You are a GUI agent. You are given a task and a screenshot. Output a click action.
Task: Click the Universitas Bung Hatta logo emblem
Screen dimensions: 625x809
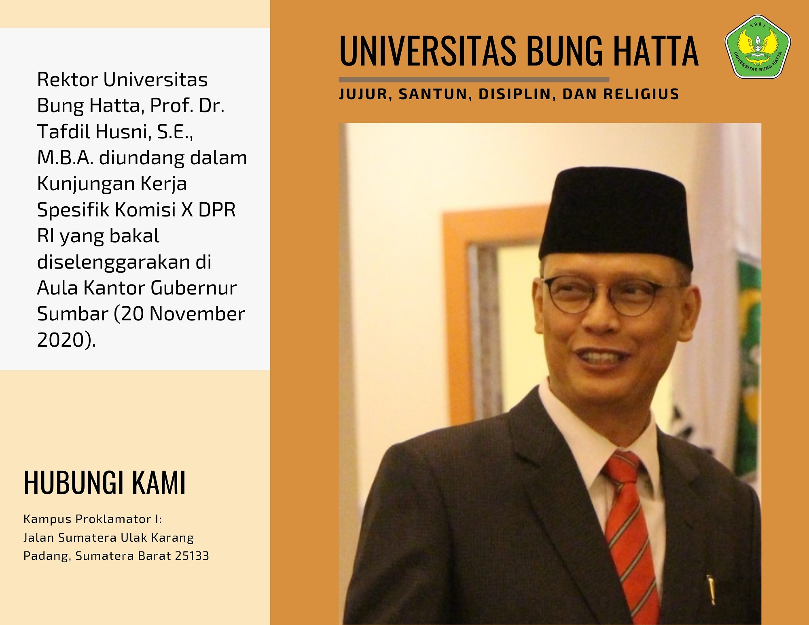pyautogui.click(x=757, y=47)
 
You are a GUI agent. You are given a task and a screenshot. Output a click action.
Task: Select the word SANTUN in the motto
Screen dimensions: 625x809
pyautogui.click(x=433, y=94)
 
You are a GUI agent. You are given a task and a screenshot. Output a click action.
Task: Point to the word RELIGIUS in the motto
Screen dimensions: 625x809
pyautogui.click(x=641, y=94)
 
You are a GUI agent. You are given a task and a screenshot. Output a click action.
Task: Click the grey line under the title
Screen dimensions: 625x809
pyautogui.click(x=474, y=80)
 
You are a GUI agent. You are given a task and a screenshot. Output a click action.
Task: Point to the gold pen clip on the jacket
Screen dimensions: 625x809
pyautogui.click(x=711, y=589)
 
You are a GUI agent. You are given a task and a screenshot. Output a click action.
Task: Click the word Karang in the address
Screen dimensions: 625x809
pyautogui.click(x=175, y=538)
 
